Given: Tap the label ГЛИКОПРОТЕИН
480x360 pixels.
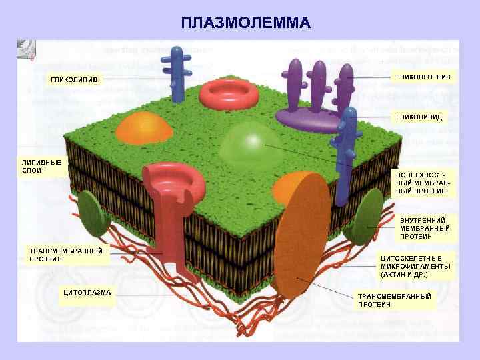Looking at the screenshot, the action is pos(423,78).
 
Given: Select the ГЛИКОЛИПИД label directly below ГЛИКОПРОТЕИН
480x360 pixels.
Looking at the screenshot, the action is pos(419,117).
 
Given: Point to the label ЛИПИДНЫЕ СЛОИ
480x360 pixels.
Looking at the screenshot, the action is pos(41,166).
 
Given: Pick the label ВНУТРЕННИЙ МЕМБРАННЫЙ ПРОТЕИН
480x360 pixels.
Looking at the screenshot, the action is pos(425,228).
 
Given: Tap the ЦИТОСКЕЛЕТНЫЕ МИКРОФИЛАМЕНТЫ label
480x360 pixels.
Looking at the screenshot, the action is pos(415,265).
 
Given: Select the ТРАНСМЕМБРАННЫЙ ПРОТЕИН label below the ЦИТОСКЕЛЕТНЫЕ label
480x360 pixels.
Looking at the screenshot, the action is pos(395,299).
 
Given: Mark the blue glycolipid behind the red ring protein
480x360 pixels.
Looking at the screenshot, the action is pos(177,71).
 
